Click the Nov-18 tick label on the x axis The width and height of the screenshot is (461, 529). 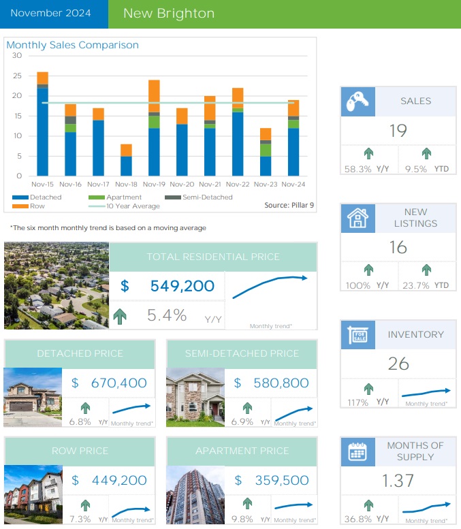tap(126, 184)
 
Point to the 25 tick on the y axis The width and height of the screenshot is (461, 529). tap(17, 76)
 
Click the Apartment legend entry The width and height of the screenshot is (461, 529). tap(115, 197)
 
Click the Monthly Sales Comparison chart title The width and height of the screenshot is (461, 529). tap(72, 46)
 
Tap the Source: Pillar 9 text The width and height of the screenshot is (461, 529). tap(289, 205)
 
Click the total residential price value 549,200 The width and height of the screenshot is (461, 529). tap(182, 287)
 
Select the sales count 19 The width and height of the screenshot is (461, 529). tap(398, 131)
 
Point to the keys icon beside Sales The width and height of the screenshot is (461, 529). tap(357, 101)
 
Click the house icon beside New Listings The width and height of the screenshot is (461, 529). tap(357, 218)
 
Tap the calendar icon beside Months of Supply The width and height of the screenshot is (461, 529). tap(357, 451)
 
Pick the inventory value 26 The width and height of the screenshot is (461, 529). tap(398, 364)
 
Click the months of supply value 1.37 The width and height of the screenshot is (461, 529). tap(398, 481)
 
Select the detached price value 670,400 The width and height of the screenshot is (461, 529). tap(118, 383)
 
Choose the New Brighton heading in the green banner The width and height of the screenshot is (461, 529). tap(169, 14)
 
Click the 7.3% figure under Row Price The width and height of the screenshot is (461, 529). tap(79, 519)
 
